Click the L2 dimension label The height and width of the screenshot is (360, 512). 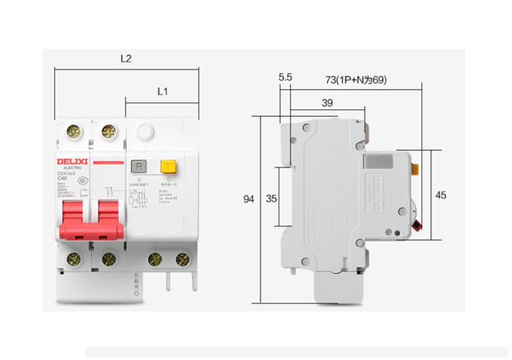point(126,58)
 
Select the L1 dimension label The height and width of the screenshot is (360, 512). point(162,91)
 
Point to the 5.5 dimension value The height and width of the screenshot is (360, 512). point(285,77)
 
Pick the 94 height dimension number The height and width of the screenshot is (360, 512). point(249,199)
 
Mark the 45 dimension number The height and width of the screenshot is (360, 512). point(441,195)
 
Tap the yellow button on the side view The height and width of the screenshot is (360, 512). point(415,167)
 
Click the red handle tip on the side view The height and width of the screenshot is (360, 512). point(418,224)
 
